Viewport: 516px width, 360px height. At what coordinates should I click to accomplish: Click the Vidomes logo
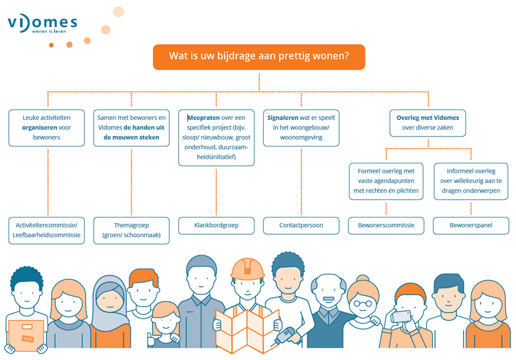42,24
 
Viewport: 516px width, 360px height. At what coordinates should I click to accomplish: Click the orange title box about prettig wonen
259,57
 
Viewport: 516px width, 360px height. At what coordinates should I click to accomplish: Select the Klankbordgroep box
216,225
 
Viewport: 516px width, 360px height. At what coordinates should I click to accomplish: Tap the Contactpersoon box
301,225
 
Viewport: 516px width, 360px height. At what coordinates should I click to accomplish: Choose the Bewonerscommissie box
386,225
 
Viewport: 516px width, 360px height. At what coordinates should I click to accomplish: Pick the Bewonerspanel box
471,225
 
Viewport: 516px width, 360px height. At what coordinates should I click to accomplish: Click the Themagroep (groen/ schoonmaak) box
132,230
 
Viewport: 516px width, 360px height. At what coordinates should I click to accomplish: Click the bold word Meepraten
203,117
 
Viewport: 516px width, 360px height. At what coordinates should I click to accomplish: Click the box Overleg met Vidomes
428,122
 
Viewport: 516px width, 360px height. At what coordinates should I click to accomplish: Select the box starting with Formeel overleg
386,181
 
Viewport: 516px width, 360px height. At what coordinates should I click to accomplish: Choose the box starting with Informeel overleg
471,181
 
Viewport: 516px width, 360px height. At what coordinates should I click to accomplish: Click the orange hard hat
247,268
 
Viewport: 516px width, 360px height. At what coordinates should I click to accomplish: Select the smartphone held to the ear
401,316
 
